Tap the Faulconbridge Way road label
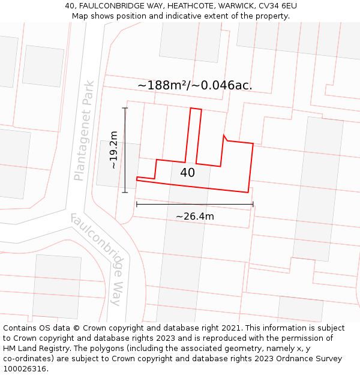100,259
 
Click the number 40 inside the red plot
187,173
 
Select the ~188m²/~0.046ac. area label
195,85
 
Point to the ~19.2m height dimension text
113,150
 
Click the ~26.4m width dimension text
194,216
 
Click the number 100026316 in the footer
25,369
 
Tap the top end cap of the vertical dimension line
125,108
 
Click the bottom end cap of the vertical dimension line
125,193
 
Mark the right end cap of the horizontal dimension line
253,204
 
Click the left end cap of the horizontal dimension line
137,204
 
